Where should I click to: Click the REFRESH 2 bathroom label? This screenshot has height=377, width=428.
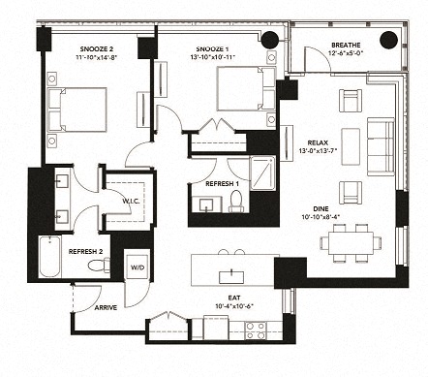click(87, 251)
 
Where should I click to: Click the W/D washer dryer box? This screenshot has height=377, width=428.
click(138, 267)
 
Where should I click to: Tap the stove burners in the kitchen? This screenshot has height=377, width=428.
click(256, 330)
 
